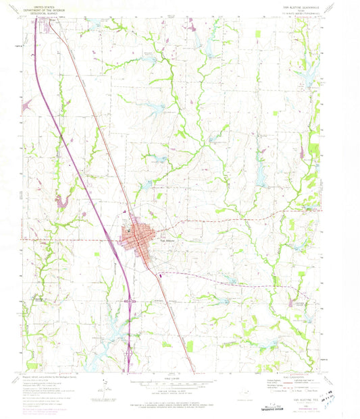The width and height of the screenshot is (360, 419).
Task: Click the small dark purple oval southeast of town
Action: tap(160, 274)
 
